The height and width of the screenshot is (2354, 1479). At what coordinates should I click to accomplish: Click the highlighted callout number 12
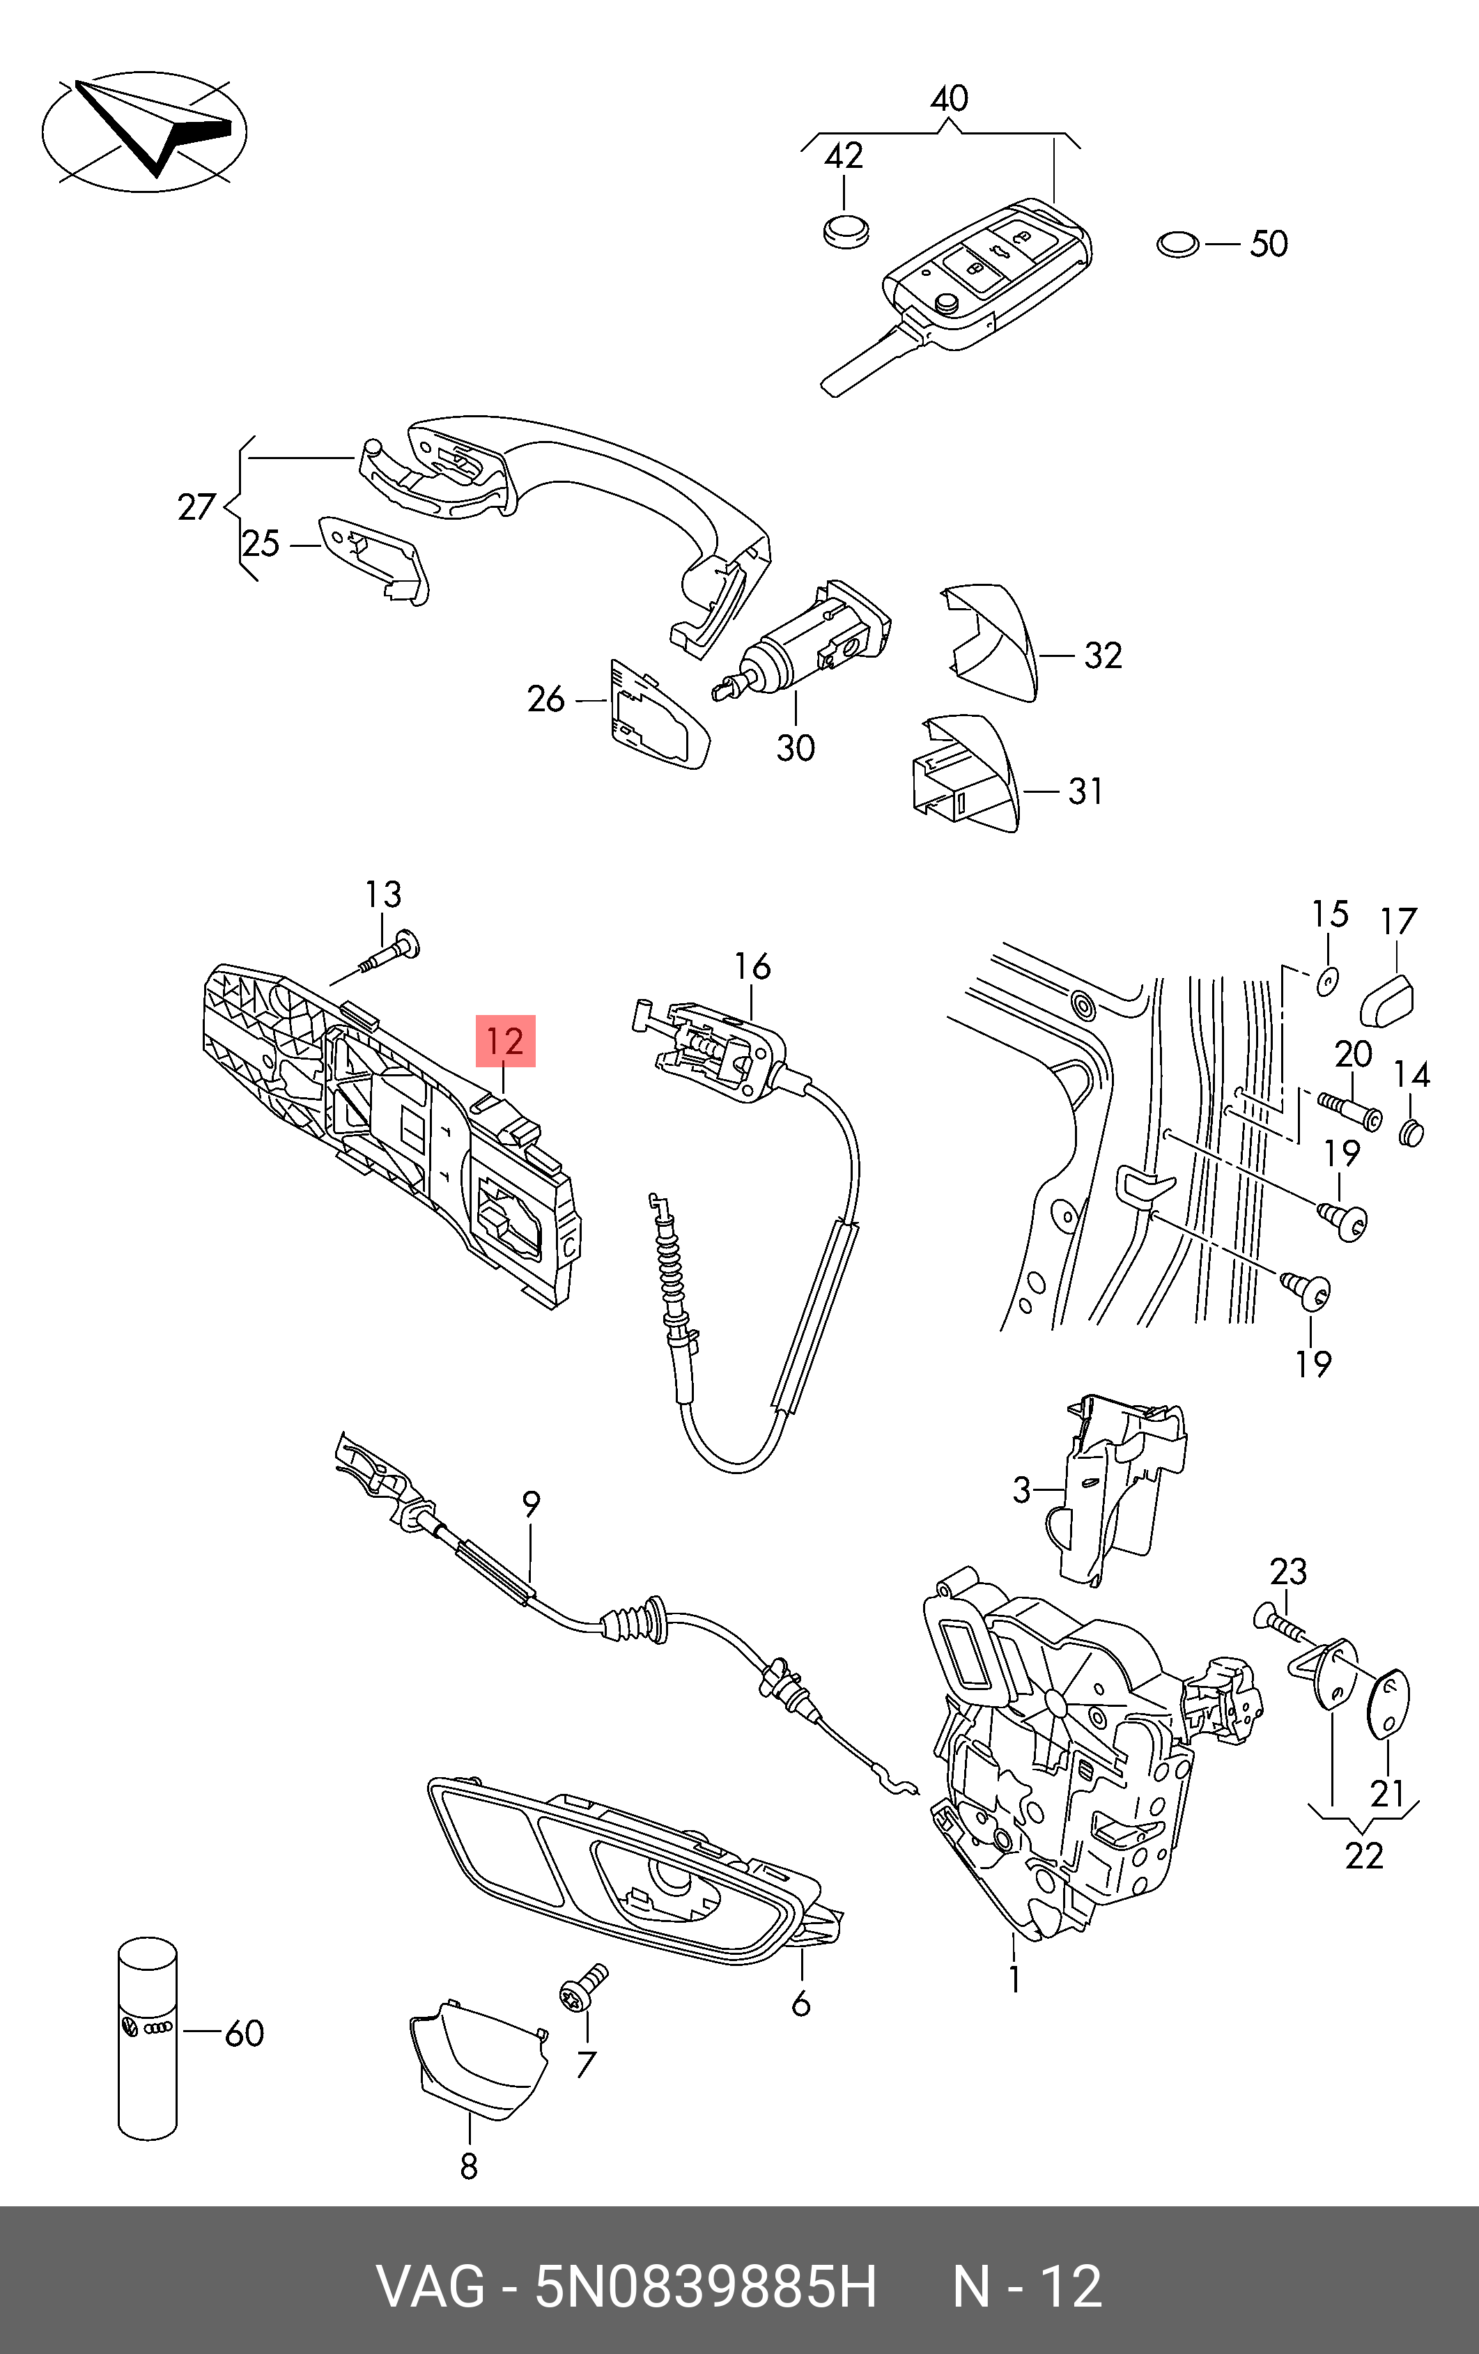tap(505, 1041)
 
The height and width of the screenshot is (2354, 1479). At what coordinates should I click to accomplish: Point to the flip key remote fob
tap(987, 279)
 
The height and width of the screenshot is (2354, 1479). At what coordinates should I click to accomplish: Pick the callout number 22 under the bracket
tap(1363, 1854)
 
